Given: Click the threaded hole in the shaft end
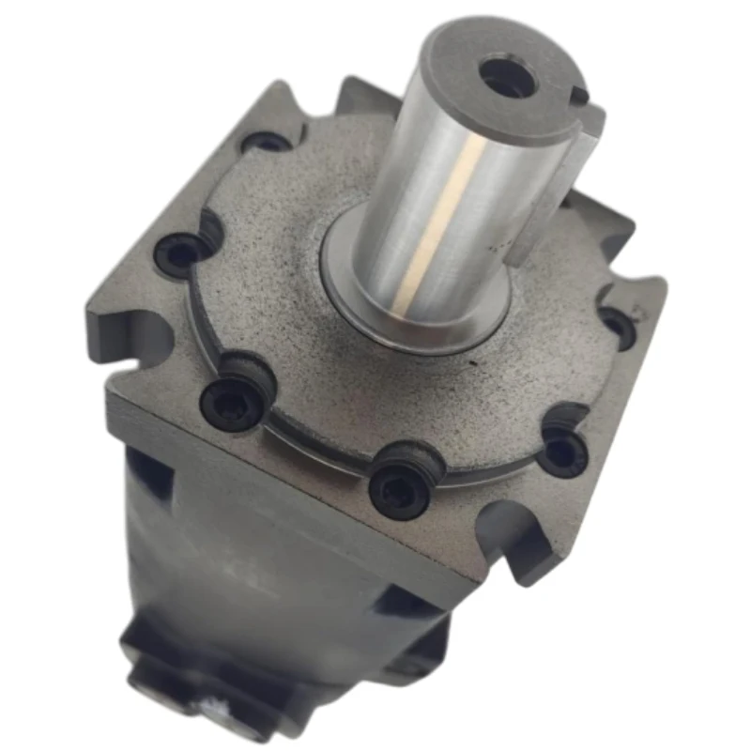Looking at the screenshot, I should click(506, 77).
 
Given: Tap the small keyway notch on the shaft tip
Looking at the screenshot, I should click(581, 95).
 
